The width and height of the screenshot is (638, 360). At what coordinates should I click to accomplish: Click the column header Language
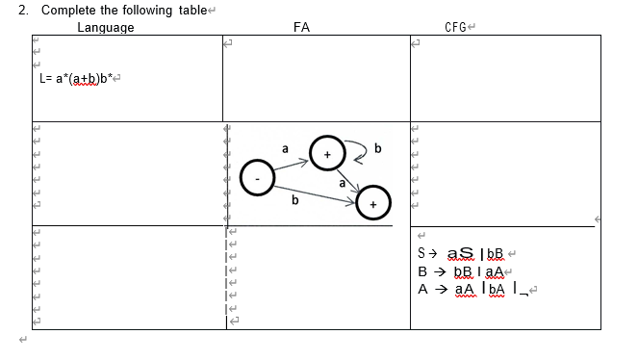[x=105, y=28]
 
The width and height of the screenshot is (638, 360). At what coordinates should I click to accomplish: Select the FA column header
[x=301, y=28]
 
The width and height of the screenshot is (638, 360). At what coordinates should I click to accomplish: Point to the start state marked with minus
[x=257, y=178]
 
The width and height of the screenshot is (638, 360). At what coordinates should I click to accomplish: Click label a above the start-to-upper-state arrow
[x=285, y=148]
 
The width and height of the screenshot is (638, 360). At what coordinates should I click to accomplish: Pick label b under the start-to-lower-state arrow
[x=294, y=202]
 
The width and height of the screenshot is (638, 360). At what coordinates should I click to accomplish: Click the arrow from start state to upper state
[x=292, y=165]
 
